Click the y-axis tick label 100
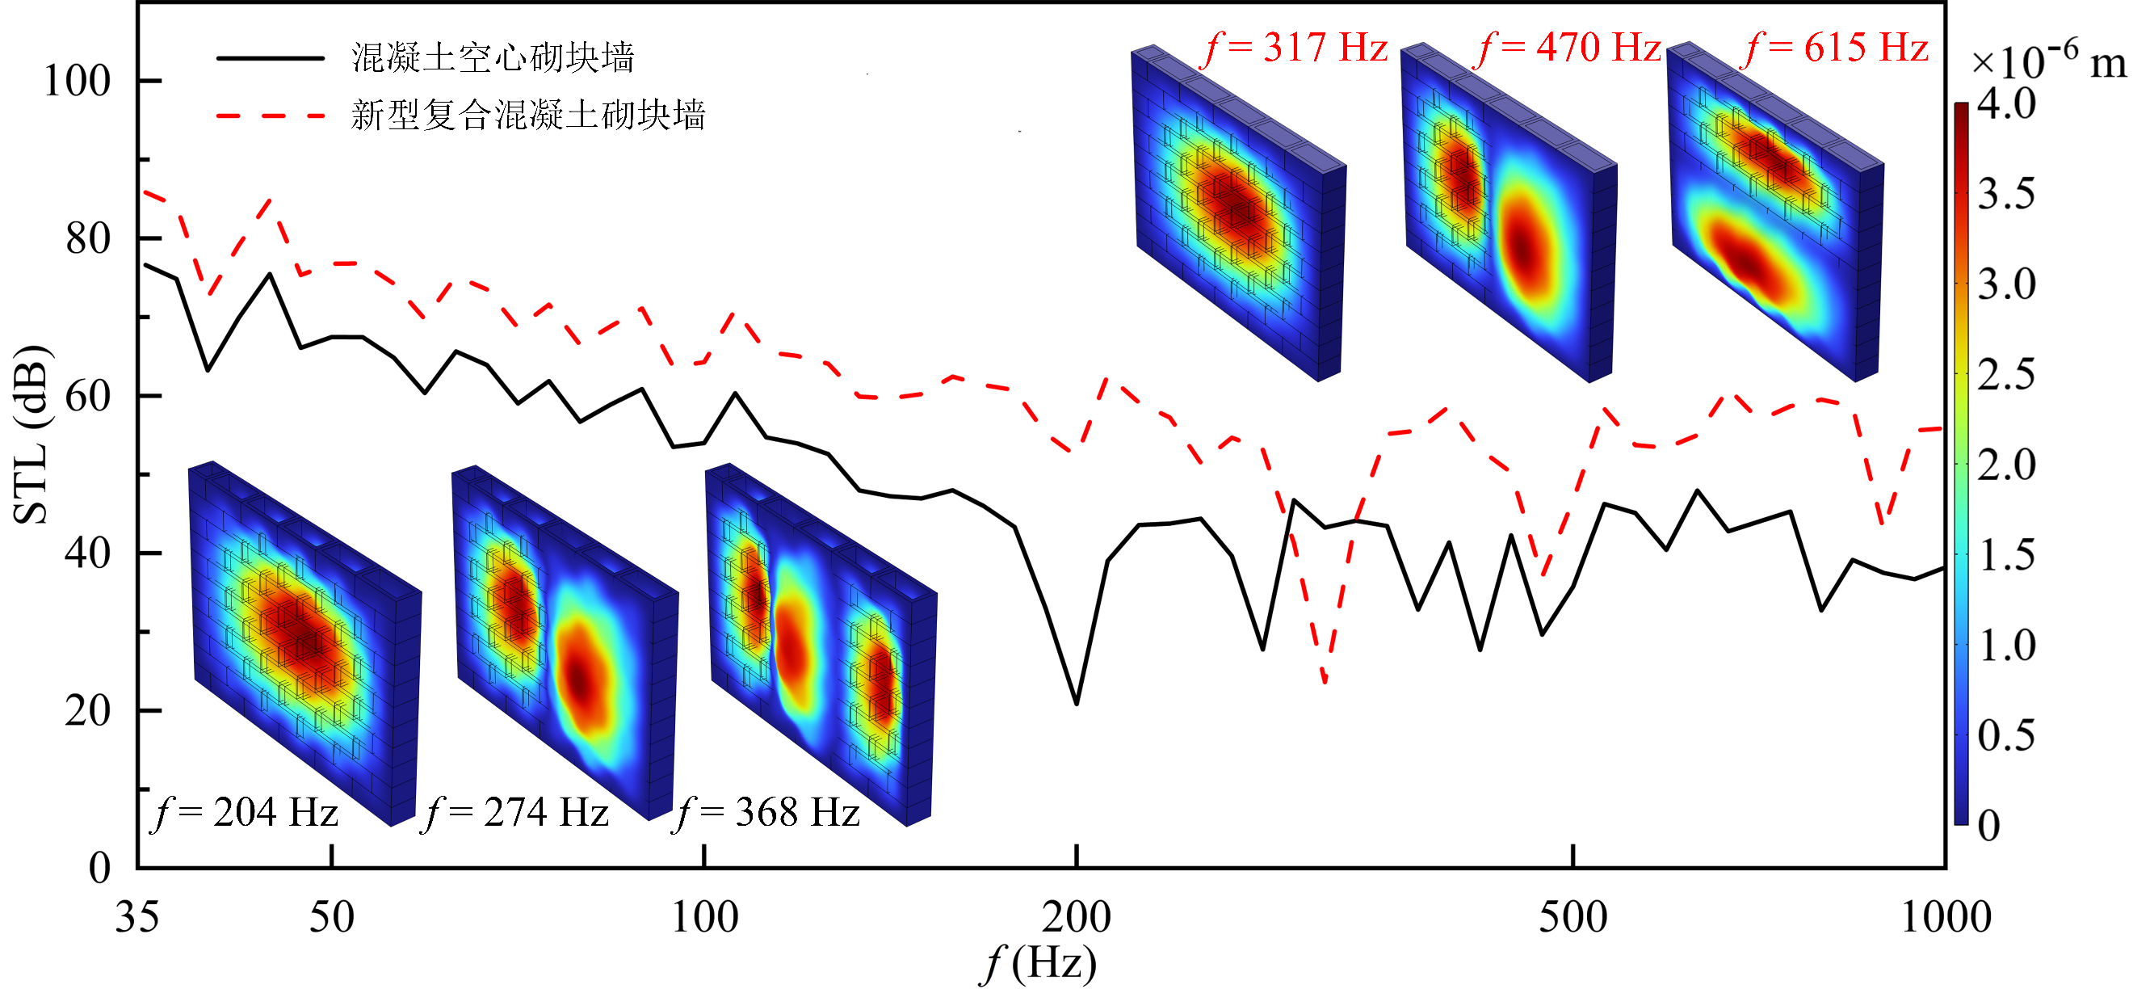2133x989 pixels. click(x=76, y=81)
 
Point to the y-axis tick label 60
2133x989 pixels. click(x=88, y=397)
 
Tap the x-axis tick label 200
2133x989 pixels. click(x=1076, y=917)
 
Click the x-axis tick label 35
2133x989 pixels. click(x=136, y=917)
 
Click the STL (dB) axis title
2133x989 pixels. click(x=31, y=435)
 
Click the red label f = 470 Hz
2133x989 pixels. click(x=1569, y=47)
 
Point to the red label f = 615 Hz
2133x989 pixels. click(x=1837, y=47)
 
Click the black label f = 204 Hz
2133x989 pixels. click(x=246, y=813)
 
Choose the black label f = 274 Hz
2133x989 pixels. click(x=517, y=813)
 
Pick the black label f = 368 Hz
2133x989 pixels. click(x=767, y=813)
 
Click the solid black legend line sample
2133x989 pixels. click(x=270, y=58)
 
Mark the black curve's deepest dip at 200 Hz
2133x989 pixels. click(x=1077, y=704)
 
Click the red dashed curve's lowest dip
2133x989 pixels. click(x=1325, y=683)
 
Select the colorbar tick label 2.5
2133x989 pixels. click(x=2005, y=375)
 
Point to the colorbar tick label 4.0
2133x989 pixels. click(x=2005, y=104)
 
